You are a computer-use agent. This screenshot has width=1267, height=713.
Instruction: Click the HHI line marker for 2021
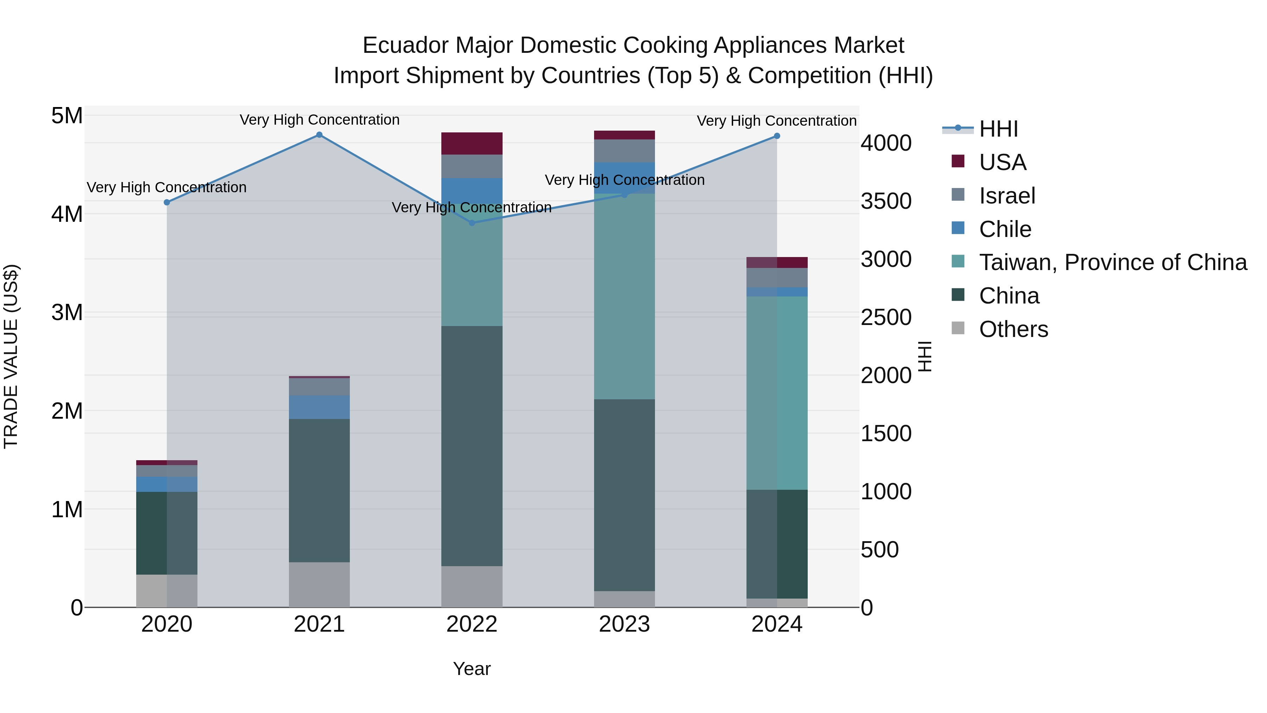pyautogui.click(x=319, y=135)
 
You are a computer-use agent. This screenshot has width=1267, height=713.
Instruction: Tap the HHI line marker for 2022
pyautogui.click(x=472, y=223)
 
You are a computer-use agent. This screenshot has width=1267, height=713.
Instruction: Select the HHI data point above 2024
pyautogui.click(x=777, y=136)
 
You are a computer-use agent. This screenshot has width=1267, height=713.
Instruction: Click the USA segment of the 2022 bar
pyautogui.click(x=472, y=144)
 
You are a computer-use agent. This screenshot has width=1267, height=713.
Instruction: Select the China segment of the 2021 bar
pyautogui.click(x=319, y=490)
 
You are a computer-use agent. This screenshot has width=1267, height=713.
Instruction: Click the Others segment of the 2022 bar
pyautogui.click(x=472, y=587)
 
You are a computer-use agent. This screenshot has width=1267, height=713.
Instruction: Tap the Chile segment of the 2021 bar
pyautogui.click(x=319, y=407)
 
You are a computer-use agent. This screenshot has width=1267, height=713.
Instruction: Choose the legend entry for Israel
pyautogui.click(x=1007, y=196)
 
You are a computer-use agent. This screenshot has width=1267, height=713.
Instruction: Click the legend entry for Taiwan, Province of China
pyautogui.click(x=1112, y=262)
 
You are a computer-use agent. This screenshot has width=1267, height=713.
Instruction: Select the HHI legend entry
pyautogui.click(x=998, y=129)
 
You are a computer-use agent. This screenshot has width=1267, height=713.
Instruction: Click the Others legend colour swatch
pyautogui.click(x=958, y=328)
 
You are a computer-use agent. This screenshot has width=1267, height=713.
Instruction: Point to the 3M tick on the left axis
pyautogui.click(x=67, y=312)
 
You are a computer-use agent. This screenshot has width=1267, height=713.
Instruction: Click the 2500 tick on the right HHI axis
pyautogui.click(x=886, y=317)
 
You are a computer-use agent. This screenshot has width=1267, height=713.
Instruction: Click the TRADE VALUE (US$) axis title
pyautogui.click(x=11, y=356)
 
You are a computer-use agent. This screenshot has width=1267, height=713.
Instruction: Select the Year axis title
pyautogui.click(x=472, y=669)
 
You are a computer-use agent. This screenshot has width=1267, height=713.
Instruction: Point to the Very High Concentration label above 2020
pyautogui.click(x=167, y=187)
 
